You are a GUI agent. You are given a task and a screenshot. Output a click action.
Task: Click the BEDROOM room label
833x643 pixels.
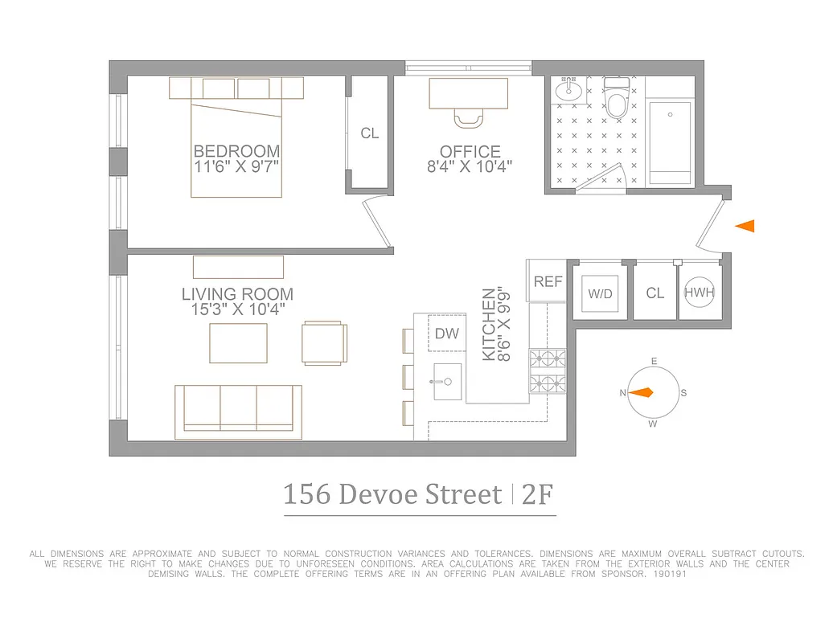point(236,151)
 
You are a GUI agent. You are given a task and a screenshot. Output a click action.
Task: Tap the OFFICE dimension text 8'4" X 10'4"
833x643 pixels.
point(470,167)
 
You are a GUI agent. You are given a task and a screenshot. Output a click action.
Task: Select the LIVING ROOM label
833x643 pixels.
point(237,294)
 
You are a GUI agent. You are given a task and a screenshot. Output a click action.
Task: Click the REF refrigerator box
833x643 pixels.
point(548,281)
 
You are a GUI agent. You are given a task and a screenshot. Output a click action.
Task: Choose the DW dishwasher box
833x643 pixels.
point(446,333)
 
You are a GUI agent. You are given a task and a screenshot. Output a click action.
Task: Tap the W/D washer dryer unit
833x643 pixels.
point(600,293)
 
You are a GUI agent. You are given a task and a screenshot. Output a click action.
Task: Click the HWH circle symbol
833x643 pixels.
point(699,293)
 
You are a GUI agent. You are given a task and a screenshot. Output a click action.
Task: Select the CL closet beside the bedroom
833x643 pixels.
point(369,133)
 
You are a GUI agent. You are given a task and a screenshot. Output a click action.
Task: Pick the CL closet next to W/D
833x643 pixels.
point(655,293)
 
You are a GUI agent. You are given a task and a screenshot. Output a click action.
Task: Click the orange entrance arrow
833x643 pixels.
point(745,227)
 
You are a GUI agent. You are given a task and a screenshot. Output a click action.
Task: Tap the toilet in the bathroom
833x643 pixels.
point(617,100)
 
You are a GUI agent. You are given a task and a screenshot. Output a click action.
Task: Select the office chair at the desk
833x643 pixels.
point(469,119)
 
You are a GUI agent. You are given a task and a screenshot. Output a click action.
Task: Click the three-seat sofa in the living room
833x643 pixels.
point(238,411)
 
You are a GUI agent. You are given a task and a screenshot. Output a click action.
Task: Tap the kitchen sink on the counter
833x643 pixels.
point(447,380)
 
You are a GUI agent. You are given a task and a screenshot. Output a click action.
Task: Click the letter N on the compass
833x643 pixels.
point(622,393)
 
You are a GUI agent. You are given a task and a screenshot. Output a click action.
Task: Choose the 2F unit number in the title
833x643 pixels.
point(538,494)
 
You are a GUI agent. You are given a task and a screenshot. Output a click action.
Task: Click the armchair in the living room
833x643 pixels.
point(325,342)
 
